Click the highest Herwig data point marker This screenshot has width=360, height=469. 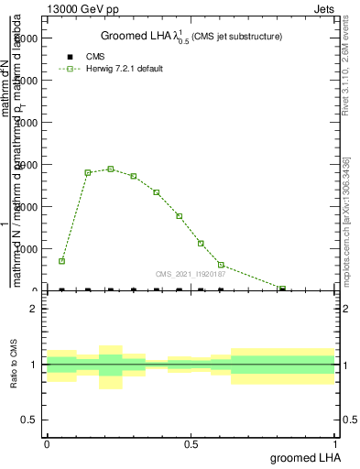click(111, 169)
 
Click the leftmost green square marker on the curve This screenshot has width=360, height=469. click(61, 261)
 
